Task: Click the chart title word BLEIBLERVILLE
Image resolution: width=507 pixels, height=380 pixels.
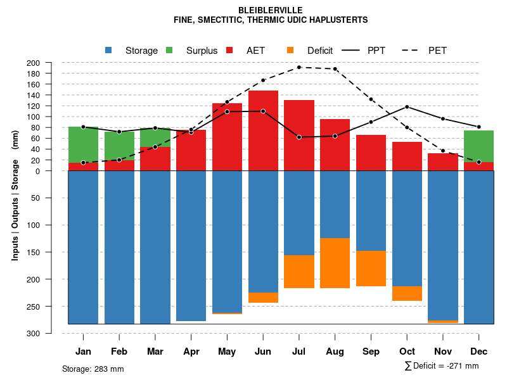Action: point(271,10)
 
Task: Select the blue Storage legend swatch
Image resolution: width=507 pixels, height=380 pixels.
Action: point(108,50)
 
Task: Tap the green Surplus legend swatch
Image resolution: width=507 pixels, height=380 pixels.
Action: point(169,50)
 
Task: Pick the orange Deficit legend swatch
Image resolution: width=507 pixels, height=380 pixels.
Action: point(290,50)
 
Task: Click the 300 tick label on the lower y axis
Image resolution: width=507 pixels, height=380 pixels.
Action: point(33,333)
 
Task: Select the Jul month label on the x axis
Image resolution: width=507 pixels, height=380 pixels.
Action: point(299,351)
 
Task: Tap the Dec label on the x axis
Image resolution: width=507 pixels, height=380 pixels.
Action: point(479,351)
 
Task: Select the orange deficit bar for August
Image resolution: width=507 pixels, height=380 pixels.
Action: point(335,263)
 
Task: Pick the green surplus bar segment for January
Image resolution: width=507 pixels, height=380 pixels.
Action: point(83,144)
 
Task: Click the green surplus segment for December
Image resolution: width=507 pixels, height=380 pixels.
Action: point(479,146)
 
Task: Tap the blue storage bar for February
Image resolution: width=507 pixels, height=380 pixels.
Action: point(119,247)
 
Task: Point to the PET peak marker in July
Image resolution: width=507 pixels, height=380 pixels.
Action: point(299,67)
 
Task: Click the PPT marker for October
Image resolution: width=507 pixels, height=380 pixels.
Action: point(407,107)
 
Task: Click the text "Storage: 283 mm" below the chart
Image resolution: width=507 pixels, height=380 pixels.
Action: point(93,369)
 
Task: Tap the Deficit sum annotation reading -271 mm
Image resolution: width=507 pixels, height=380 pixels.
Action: point(442,366)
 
